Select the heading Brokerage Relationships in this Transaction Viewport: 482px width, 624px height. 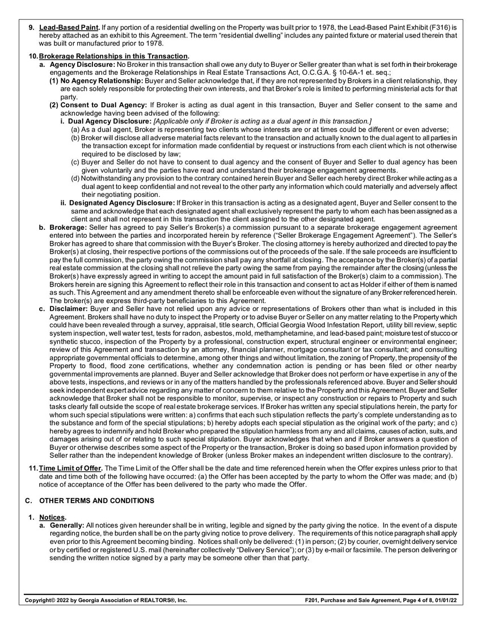(113, 56)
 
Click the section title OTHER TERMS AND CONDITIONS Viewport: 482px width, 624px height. (96, 501)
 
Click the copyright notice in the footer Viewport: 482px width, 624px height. (105, 600)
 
